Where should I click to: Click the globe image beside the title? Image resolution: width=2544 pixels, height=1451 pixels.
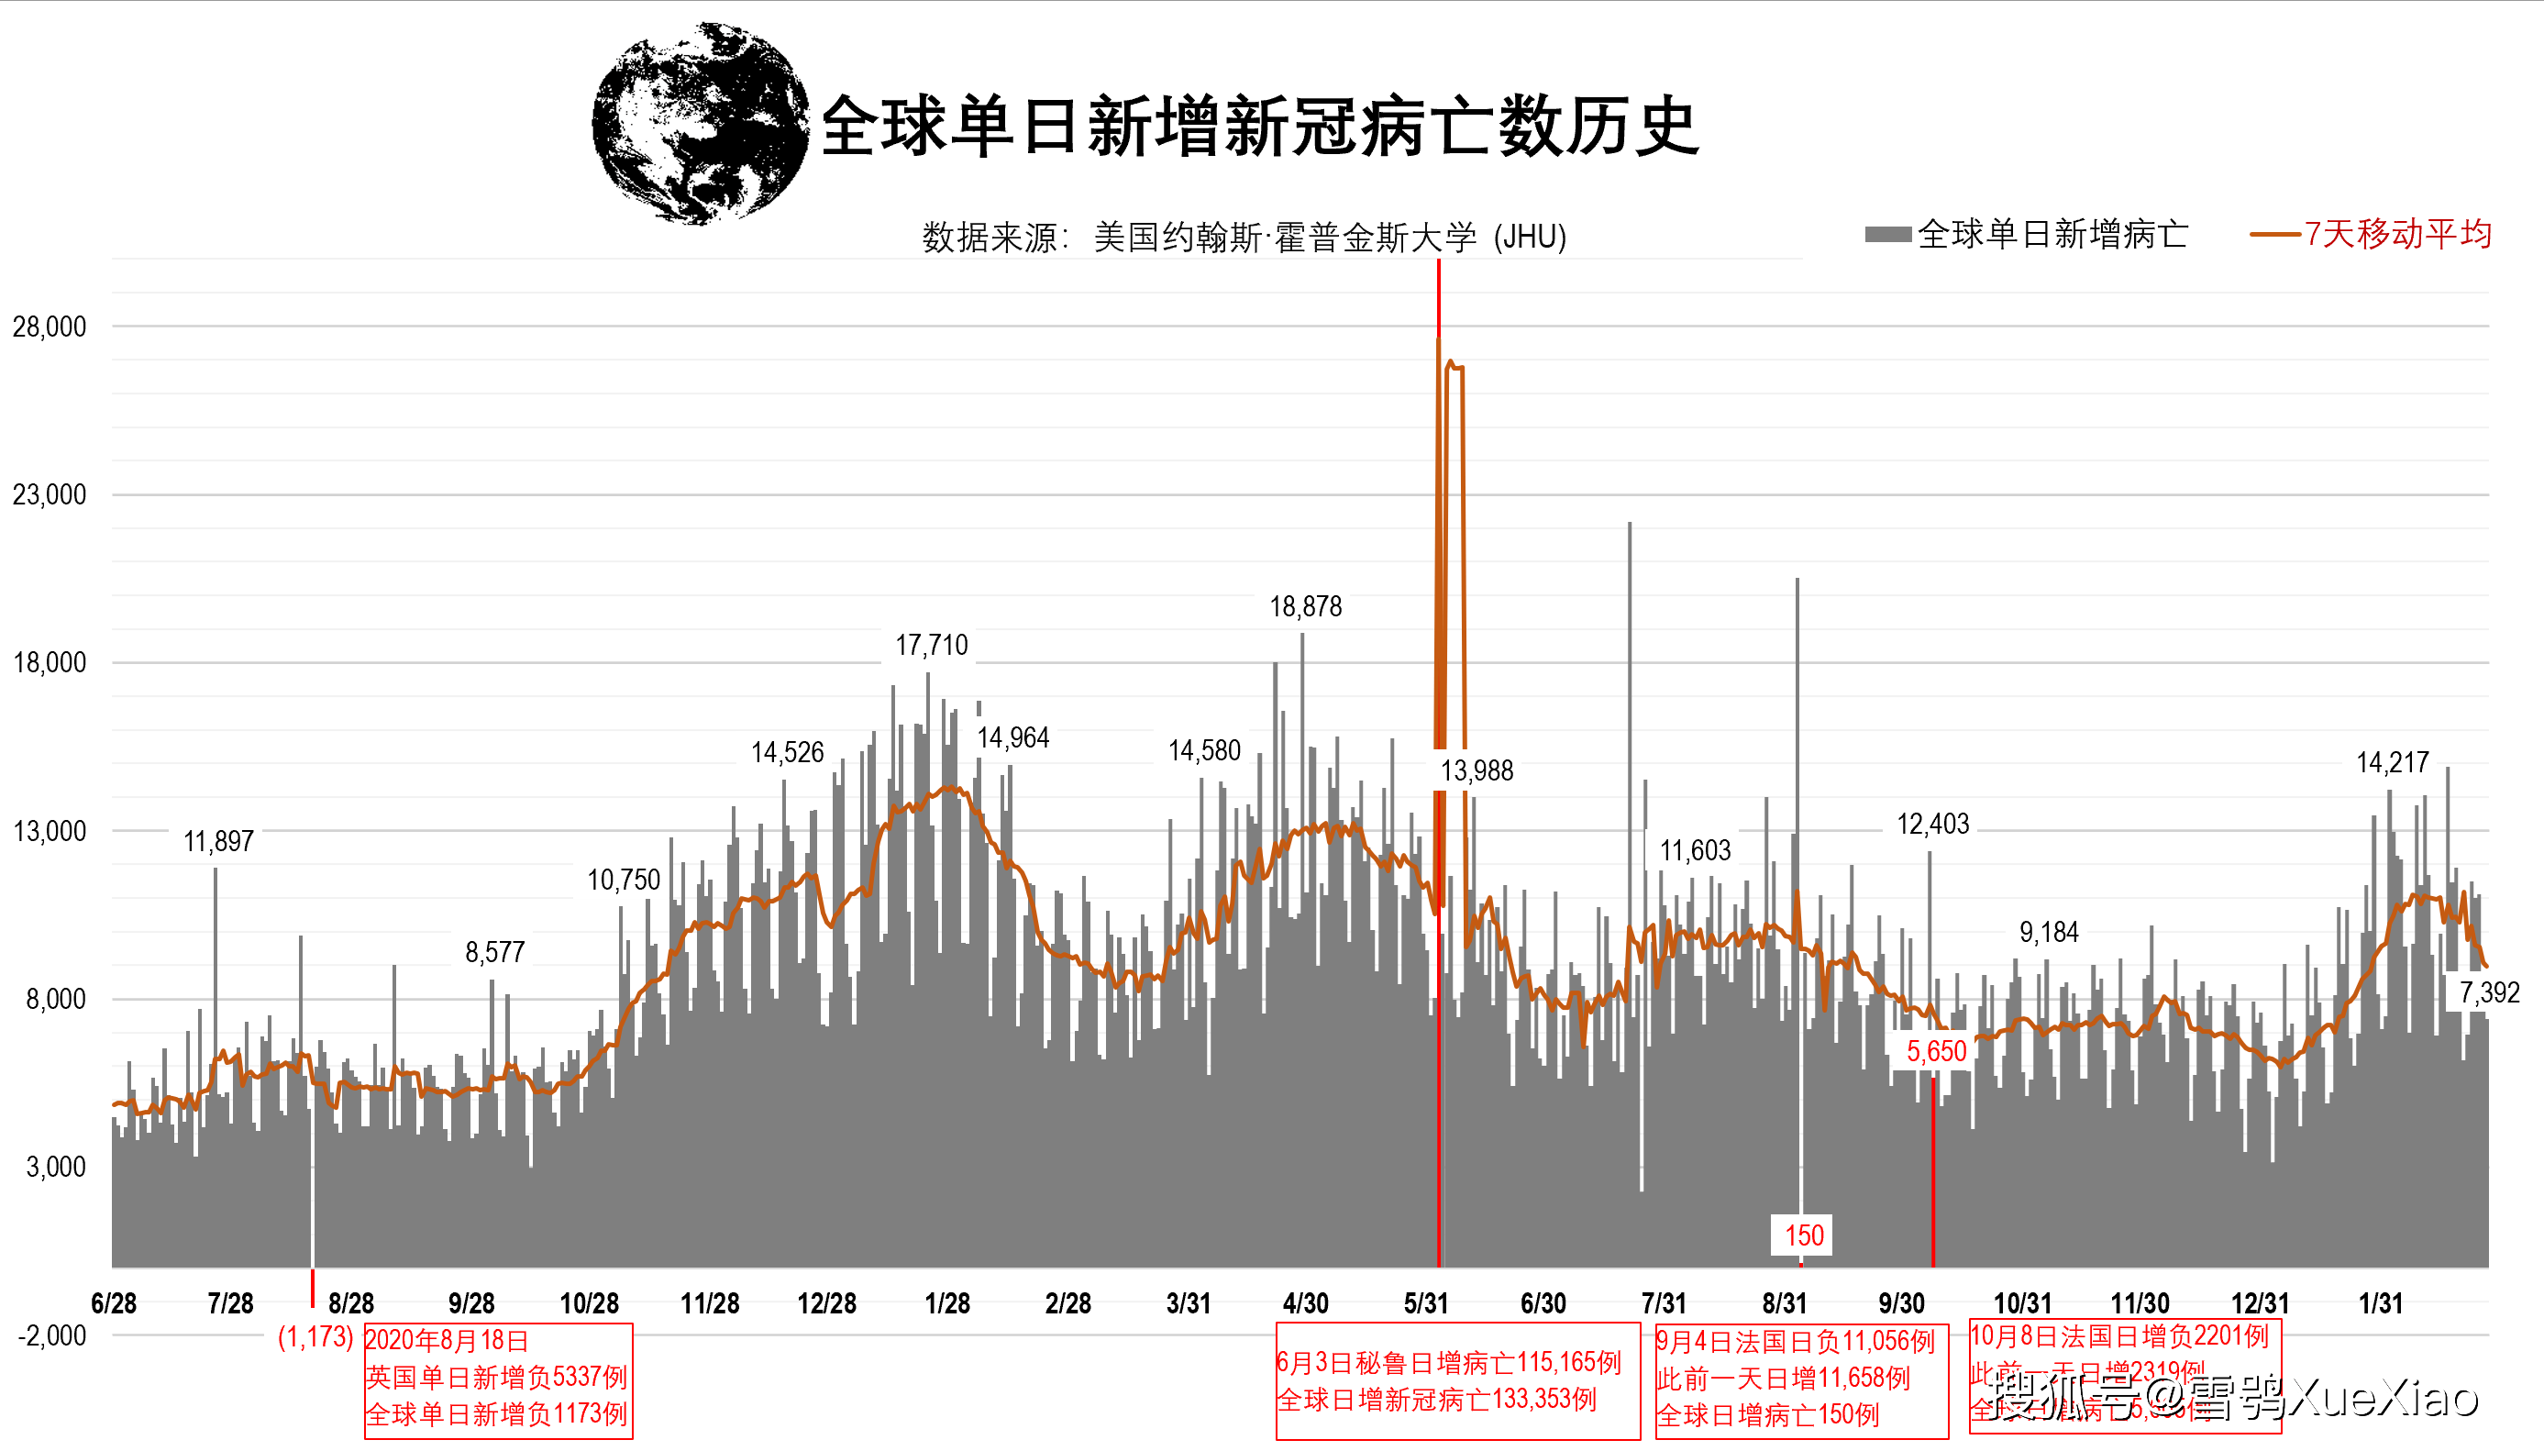coord(701,124)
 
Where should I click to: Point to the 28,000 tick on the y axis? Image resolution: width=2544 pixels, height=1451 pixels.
coord(49,327)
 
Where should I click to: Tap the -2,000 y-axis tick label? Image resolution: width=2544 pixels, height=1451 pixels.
coord(52,1335)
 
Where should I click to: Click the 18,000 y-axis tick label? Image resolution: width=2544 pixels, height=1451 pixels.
coord(49,663)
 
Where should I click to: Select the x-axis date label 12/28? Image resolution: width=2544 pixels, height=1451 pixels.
coord(826,1303)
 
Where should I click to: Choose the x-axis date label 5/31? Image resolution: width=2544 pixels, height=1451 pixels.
coord(1425,1303)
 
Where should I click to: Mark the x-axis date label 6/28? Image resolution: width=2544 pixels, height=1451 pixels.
coord(114,1303)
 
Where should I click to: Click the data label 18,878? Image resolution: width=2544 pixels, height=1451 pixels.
coord(1305,607)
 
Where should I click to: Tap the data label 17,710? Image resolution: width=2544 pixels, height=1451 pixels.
coord(932,646)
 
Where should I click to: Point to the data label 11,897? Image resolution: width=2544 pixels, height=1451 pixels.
coord(218,842)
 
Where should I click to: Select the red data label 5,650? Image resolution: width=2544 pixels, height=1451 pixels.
coord(1936,1051)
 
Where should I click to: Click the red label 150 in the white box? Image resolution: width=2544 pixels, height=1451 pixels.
coord(1804,1235)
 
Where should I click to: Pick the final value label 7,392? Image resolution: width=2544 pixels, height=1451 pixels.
coord(2488,992)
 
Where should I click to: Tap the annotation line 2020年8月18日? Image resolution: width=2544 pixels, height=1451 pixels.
coord(447,1340)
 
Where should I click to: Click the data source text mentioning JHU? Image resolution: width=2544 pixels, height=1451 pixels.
coord(1244,238)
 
